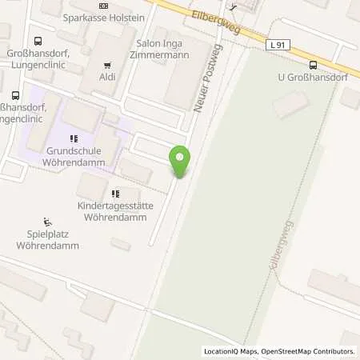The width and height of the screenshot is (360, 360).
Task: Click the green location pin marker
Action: tap(180, 161)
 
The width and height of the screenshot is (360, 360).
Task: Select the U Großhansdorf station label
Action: tap(313, 78)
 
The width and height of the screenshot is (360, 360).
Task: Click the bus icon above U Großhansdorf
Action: tap(312, 66)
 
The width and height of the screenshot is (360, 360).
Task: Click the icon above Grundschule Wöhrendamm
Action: tap(74, 138)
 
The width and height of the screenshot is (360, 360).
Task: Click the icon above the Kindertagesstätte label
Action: tap(115, 193)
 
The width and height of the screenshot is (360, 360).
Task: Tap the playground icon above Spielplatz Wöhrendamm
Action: tap(46, 222)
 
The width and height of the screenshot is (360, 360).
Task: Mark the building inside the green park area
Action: tap(291, 103)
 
